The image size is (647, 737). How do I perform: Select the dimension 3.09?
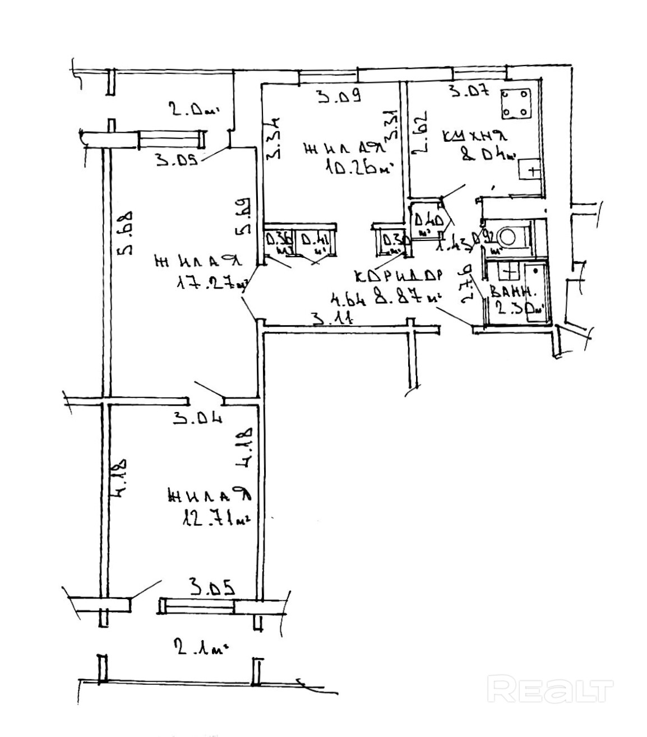pyautogui.click(x=338, y=97)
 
